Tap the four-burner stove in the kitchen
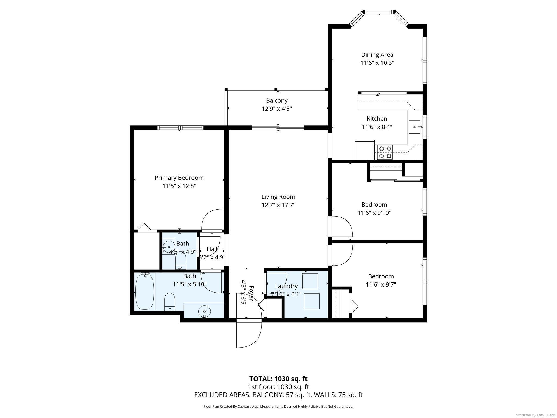click(385, 152)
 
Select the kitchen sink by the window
click(415, 127)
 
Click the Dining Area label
click(377, 55)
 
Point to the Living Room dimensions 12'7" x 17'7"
click(278, 205)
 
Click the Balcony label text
click(277, 100)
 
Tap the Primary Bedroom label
click(179, 178)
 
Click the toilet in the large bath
click(169, 302)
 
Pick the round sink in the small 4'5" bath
click(169, 246)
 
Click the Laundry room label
click(286, 286)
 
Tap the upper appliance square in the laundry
click(310, 281)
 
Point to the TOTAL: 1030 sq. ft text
click(278, 379)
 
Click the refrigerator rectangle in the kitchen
click(364, 150)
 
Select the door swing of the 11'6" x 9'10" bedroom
click(341, 226)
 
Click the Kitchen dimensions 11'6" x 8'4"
click(377, 127)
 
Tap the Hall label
click(212, 249)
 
